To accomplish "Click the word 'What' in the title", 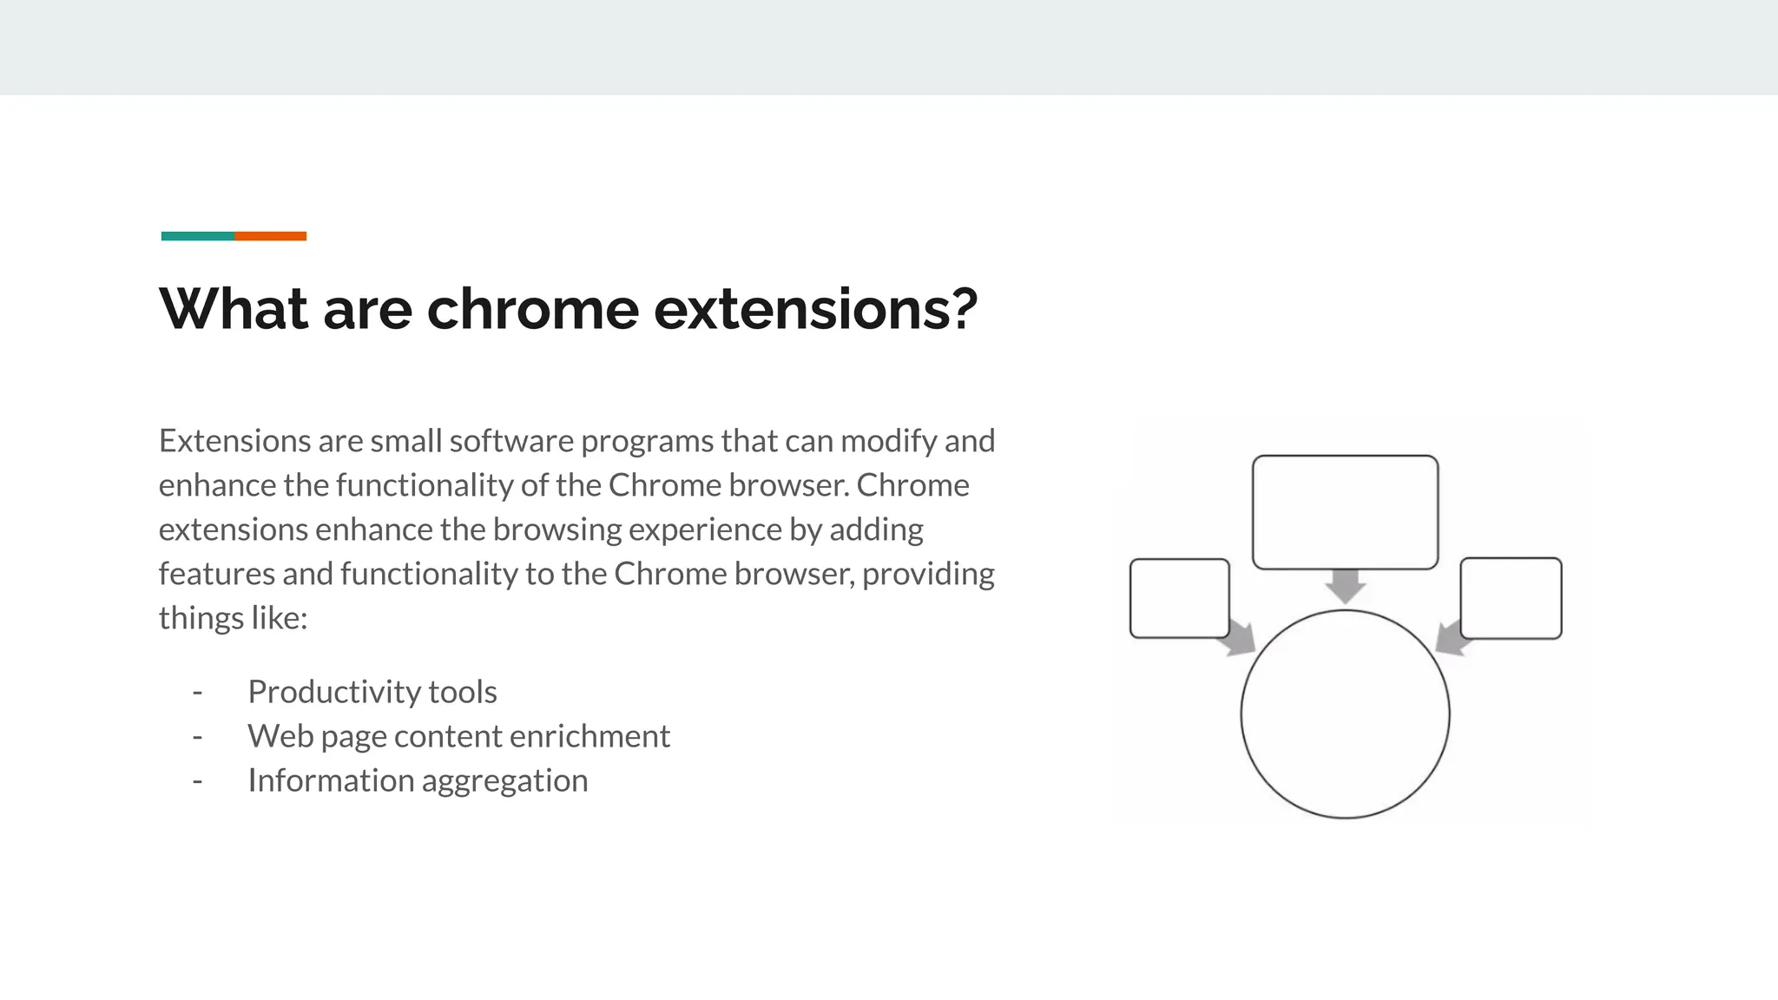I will pos(234,309).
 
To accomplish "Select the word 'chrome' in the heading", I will pos(532,311).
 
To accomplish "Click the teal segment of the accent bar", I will pos(198,236).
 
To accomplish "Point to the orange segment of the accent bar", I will pos(270,236).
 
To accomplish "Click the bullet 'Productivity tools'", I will pos(372,692).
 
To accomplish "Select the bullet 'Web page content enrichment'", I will pos(458,736).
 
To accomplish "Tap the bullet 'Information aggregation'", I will pos(418,780).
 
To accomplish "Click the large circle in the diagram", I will pos(1345,714).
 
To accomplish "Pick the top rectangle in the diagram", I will pos(1345,512).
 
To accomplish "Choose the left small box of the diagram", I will pos(1179,598).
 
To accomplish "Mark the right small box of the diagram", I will pos(1511,598).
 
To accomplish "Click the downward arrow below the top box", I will pos(1346,587).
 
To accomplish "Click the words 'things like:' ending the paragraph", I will pos(233,618).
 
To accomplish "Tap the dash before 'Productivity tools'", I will pos(197,692).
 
